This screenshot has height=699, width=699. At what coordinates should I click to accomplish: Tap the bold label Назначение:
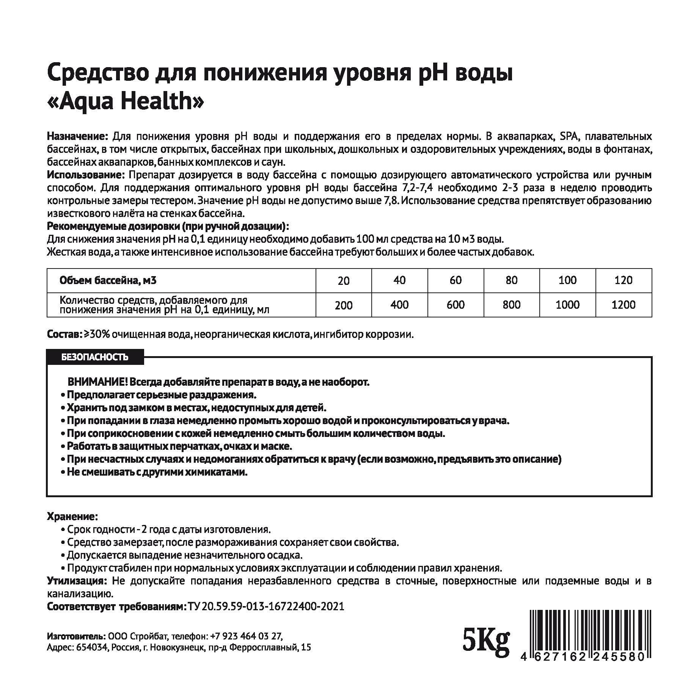78,137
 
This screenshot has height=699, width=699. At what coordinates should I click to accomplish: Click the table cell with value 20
344,281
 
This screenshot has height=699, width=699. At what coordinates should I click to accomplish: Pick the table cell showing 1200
624,305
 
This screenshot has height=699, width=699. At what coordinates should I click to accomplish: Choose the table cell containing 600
456,305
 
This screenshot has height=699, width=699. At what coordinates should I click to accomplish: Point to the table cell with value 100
567,280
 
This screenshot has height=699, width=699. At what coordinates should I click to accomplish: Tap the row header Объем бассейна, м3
108,281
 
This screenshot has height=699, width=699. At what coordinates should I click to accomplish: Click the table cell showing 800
511,305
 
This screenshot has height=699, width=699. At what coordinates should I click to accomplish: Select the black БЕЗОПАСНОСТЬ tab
95,357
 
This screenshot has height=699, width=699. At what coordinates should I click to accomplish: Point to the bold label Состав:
64,335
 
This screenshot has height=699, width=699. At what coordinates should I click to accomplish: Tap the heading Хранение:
72,516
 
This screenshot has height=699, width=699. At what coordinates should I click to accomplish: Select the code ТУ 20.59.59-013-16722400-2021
266,606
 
